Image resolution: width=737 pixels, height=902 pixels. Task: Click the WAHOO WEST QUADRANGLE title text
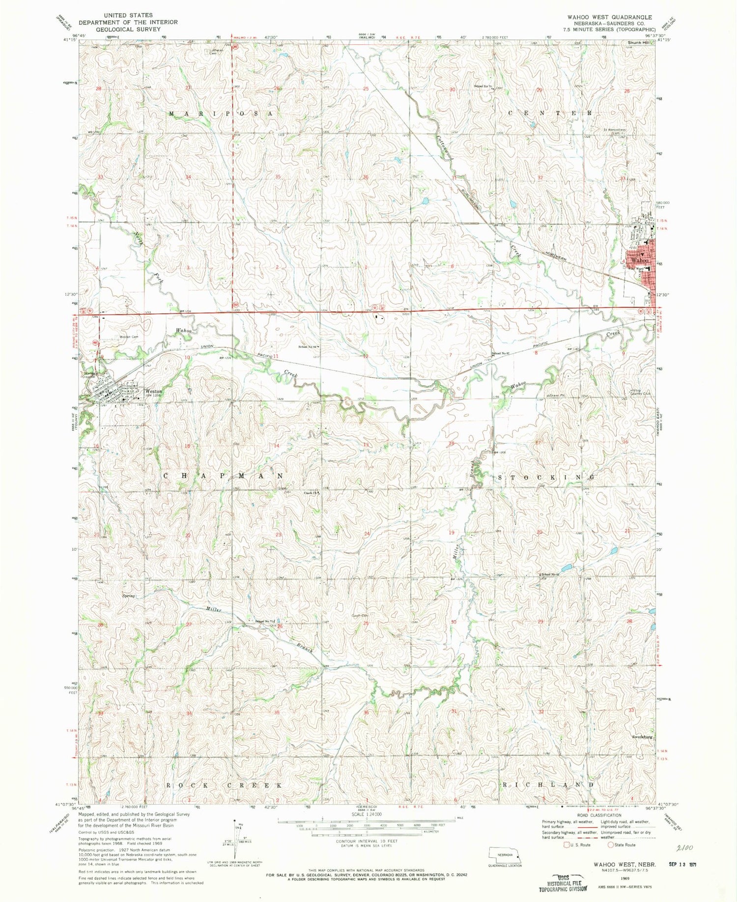[609, 17]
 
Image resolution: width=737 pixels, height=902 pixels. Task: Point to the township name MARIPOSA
[220, 114]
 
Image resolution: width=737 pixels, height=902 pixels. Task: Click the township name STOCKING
[547, 477]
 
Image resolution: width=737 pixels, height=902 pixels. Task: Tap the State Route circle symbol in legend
[611, 844]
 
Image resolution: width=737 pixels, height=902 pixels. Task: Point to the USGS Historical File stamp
[563, 882]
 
